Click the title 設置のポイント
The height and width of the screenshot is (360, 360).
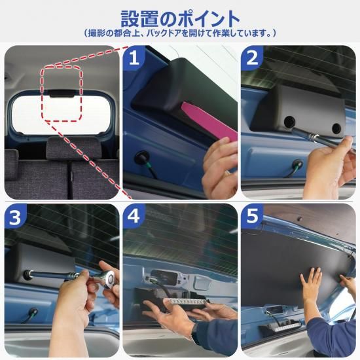coord(180,18)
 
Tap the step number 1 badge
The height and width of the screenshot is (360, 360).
coord(134,57)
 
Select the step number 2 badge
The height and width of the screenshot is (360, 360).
coord(252,58)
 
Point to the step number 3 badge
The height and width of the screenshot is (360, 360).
coord(15,216)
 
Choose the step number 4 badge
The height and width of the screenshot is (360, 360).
coord(134,216)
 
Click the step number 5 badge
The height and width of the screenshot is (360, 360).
coord(252,216)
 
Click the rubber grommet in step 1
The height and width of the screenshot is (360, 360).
coord(142,157)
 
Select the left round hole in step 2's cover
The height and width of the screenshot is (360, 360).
coord(289,122)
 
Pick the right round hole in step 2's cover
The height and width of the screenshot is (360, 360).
coord(336,128)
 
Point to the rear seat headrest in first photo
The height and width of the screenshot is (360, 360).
coord(73,147)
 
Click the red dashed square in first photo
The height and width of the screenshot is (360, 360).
coord(62,93)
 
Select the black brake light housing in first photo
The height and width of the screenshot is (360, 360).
coord(62,93)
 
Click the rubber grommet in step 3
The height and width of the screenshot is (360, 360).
coord(33,312)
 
